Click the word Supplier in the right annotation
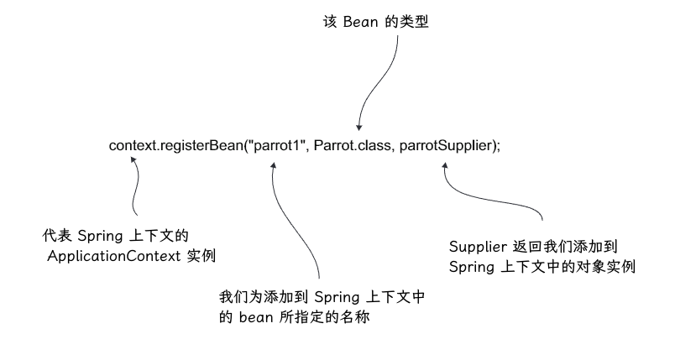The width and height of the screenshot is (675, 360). pyautogui.click(x=479, y=247)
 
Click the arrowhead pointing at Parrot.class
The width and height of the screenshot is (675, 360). pyautogui.click(x=358, y=126)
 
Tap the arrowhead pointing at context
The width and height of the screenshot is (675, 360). pyautogui.click(x=134, y=165)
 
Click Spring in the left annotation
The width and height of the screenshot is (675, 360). pyautogui.click(x=101, y=235)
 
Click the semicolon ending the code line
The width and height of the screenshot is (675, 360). pyautogui.click(x=498, y=146)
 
